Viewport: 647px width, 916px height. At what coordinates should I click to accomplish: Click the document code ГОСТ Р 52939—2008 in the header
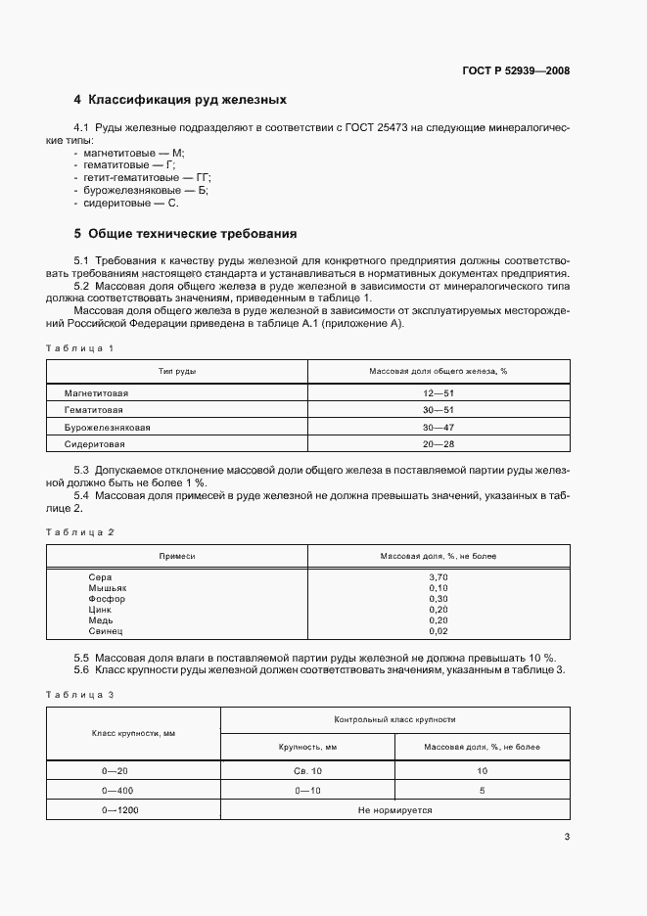[x=516, y=70]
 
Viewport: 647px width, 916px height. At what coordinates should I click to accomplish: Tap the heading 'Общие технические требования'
[x=185, y=234]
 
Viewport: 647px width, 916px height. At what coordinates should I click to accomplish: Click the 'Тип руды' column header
[x=177, y=372]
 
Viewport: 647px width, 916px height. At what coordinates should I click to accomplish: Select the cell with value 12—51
[x=438, y=392]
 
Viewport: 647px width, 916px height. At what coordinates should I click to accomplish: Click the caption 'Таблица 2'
[x=80, y=531]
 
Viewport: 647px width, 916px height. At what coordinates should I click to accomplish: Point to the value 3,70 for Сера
[x=438, y=577]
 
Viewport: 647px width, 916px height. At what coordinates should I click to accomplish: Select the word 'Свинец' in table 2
[x=106, y=633]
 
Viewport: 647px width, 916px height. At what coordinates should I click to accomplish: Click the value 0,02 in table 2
[x=438, y=633]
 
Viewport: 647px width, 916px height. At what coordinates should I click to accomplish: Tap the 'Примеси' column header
[x=177, y=556]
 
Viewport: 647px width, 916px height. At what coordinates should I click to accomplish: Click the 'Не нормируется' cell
[x=394, y=810]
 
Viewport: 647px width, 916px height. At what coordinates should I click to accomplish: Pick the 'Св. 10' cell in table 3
[x=307, y=771]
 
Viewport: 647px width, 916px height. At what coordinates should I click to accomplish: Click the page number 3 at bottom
[x=567, y=837]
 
